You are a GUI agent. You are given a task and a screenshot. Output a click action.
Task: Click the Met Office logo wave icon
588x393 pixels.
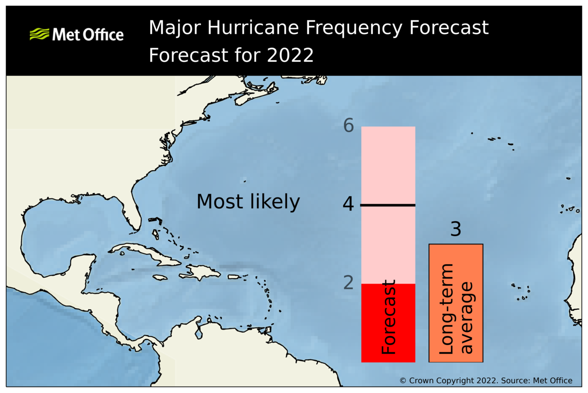point(40,34)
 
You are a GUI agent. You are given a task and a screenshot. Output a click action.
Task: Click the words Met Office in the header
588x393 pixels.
point(88,35)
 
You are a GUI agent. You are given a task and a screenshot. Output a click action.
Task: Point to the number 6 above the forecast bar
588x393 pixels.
point(348,126)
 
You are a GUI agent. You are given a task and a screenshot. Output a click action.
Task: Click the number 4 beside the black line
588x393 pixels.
point(348,204)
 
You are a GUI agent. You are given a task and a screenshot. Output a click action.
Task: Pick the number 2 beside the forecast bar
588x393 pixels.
point(348,283)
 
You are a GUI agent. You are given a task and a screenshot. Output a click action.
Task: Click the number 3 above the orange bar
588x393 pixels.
point(455,230)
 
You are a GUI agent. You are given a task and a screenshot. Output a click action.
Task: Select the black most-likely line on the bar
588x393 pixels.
point(388,205)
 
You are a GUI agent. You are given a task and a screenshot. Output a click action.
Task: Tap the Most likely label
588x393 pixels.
point(248,202)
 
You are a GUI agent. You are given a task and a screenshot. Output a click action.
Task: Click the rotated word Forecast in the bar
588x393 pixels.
point(390,317)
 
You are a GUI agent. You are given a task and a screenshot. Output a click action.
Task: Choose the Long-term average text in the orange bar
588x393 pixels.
point(456,309)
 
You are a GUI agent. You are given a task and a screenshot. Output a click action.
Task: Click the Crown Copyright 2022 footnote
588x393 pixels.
point(486,381)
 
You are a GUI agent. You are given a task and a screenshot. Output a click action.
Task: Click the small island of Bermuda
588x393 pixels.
point(244,181)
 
